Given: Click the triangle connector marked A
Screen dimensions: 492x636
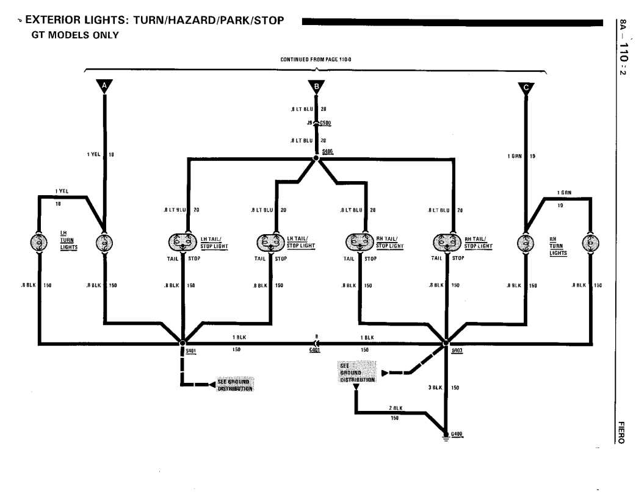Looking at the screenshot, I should (105, 86).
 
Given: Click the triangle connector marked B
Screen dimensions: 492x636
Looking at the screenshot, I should (316, 87).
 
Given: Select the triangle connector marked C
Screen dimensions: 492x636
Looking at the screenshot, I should (526, 87).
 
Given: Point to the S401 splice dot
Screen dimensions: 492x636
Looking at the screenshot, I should (182, 343).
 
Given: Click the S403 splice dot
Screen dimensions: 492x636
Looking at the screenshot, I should (446, 343).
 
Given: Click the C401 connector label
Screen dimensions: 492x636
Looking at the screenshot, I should (315, 351).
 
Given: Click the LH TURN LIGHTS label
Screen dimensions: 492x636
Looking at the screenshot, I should (68, 240).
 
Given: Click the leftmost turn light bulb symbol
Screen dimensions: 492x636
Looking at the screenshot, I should (38, 243).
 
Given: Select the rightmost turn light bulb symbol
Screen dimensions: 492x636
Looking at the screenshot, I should (590, 243).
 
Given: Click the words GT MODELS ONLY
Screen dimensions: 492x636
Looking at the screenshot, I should (74, 35).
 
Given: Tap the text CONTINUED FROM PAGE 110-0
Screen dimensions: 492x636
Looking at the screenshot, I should (316, 60).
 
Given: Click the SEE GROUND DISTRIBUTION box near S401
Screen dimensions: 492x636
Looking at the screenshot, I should (234, 385).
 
